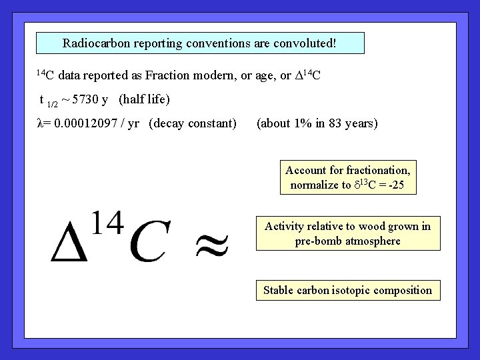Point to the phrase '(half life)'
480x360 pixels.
(144, 100)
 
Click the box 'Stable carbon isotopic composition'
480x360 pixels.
(347, 290)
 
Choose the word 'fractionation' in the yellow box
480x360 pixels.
(379, 171)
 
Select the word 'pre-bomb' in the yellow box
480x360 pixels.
(317, 241)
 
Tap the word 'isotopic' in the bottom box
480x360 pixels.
(362, 290)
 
